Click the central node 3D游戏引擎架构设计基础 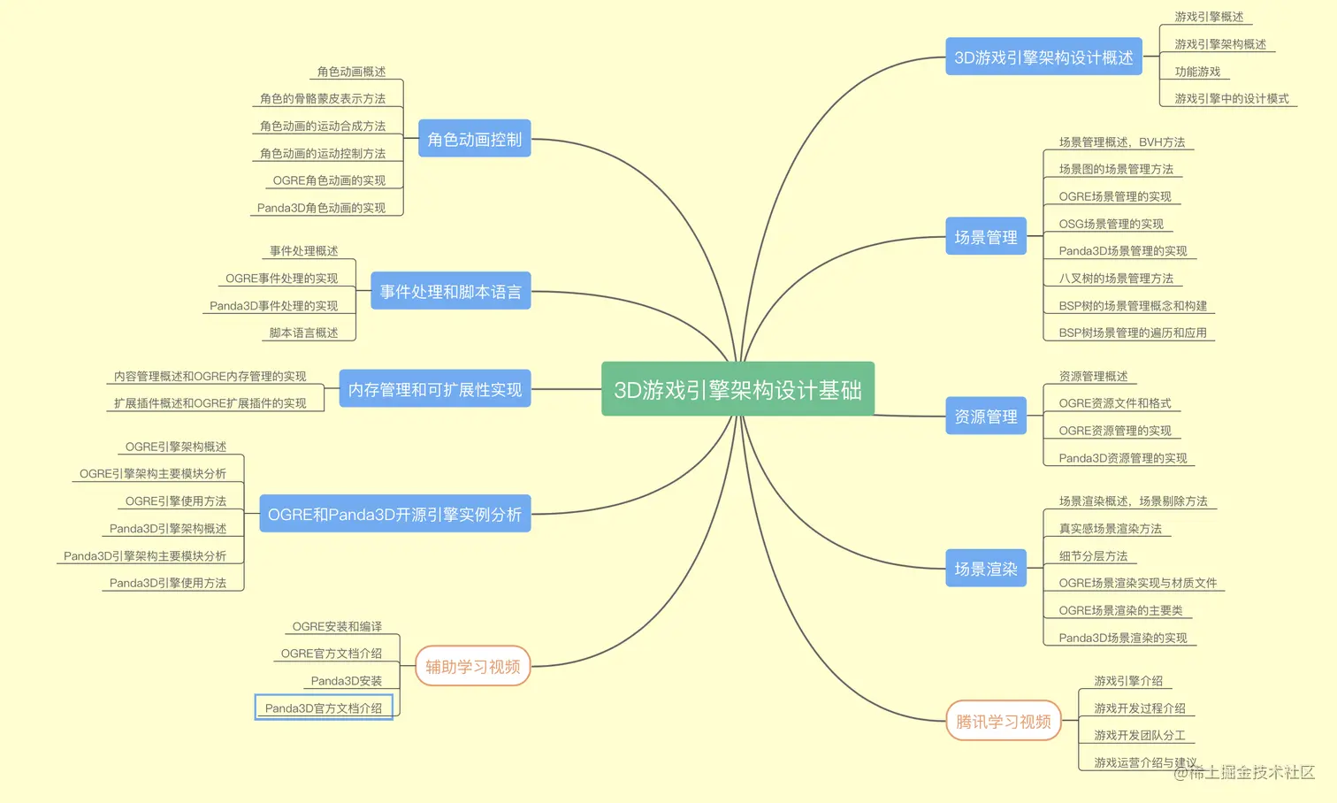pyautogui.click(x=737, y=389)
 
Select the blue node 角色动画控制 pyautogui.click(x=474, y=139)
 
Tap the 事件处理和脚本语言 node pyautogui.click(x=450, y=291)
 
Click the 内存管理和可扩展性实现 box pyautogui.click(x=434, y=389)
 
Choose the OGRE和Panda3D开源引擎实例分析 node pyautogui.click(x=394, y=514)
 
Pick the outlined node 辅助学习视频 pyautogui.click(x=472, y=667)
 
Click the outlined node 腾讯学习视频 pyautogui.click(x=1003, y=722)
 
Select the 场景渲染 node pyautogui.click(x=985, y=569)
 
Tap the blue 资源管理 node pyautogui.click(x=985, y=416)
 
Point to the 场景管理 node pyautogui.click(x=985, y=237)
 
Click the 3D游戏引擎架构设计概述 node pyautogui.click(x=1043, y=57)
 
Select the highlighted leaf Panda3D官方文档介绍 pyautogui.click(x=324, y=708)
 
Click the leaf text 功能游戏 pyautogui.click(x=1197, y=72)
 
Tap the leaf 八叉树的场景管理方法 pyautogui.click(x=1116, y=279)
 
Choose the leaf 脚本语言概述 pyautogui.click(x=303, y=333)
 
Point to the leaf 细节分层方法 pyautogui.click(x=1093, y=556)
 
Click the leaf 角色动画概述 pyautogui.click(x=351, y=72)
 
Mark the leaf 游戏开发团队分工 pyautogui.click(x=1139, y=736)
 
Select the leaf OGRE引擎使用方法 pyautogui.click(x=176, y=501)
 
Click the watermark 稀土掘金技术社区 pyautogui.click(x=1250, y=773)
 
